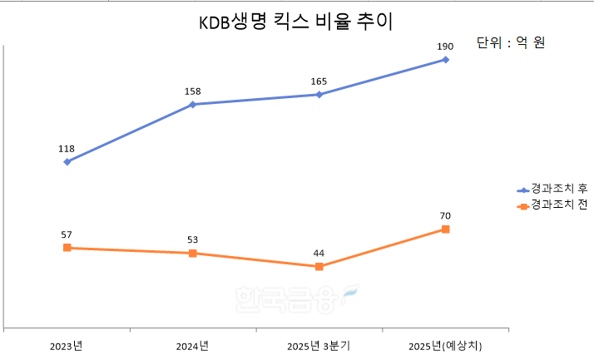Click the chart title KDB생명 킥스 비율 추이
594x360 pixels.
(x=295, y=22)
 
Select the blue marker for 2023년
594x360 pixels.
(x=67, y=161)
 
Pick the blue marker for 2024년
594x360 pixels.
(x=193, y=104)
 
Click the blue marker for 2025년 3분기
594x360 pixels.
(x=319, y=94)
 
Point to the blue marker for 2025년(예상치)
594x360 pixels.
(x=446, y=59)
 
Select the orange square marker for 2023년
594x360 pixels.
(x=67, y=248)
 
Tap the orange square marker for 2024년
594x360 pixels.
(x=193, y=253)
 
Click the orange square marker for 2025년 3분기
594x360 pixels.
(x=319, y=266)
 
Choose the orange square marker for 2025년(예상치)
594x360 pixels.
(x=446, y=229)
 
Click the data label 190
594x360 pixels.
(x=445, y=47)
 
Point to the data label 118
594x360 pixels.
(x=67, y=149)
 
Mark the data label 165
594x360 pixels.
(x=319, y=81)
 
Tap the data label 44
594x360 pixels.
(x=319, y=253)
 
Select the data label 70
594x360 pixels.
(x=446, y=215)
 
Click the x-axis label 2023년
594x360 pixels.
(x=67, y=345)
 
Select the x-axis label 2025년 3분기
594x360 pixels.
(x=319, y=345)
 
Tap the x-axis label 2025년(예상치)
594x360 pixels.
(x=447, y=345)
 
